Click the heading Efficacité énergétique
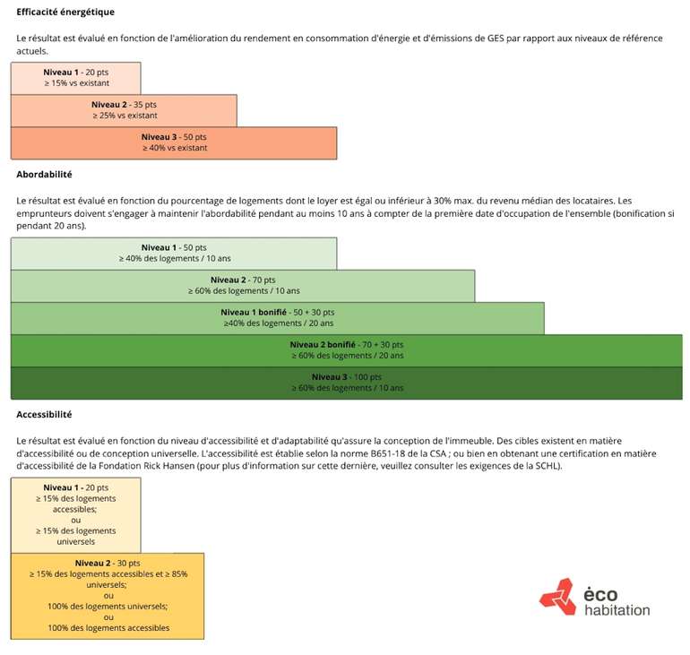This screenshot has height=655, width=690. coord(65,12)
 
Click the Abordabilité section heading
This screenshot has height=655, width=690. coord(44,174)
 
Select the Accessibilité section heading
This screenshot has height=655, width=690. coord(44,415)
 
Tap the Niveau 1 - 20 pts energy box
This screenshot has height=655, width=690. coord(76,78)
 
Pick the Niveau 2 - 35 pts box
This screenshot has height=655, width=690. coord(124,110)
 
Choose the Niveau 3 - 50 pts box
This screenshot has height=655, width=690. coord(174,142)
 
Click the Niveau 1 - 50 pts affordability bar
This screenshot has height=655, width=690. coord(174,253)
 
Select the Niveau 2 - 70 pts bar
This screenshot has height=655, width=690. coord(243,285)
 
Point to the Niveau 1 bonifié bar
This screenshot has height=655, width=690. coord(278,317)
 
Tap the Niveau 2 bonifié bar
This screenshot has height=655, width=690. coord(347,349)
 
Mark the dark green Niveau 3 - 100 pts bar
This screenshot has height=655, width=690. coord(347,383)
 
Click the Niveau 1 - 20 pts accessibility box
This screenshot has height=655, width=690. coord(76,514)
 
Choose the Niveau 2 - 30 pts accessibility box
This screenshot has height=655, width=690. coord(108,596)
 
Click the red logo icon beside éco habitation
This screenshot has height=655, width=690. coord(558,599)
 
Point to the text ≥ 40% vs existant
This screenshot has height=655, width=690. coord(174,148)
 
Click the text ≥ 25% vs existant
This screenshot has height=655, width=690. coord(125,116)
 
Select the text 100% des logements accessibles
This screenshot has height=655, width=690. coord(108,628)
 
